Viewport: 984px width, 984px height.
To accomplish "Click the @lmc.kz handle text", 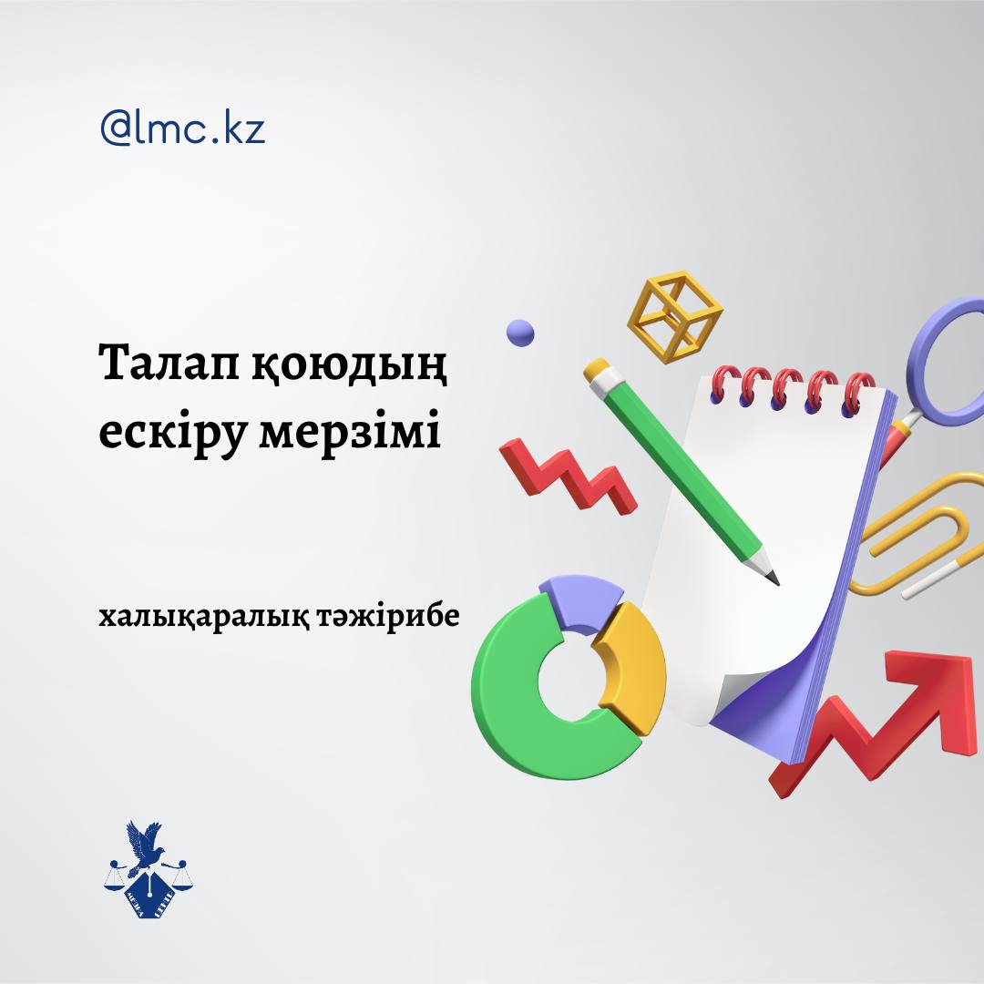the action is tap(182, 128).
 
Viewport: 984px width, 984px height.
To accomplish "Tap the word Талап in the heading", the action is tap(169, 363).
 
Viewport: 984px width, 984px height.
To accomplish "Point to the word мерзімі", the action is tap(350, 433).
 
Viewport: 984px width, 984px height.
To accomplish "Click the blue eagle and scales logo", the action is tap(149, 869).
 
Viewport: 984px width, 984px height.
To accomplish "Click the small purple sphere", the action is tap(520, 333).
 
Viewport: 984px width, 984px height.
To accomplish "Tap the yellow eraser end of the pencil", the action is tap(596, 370).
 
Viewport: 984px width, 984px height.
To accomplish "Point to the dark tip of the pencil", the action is tap(774, 578).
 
